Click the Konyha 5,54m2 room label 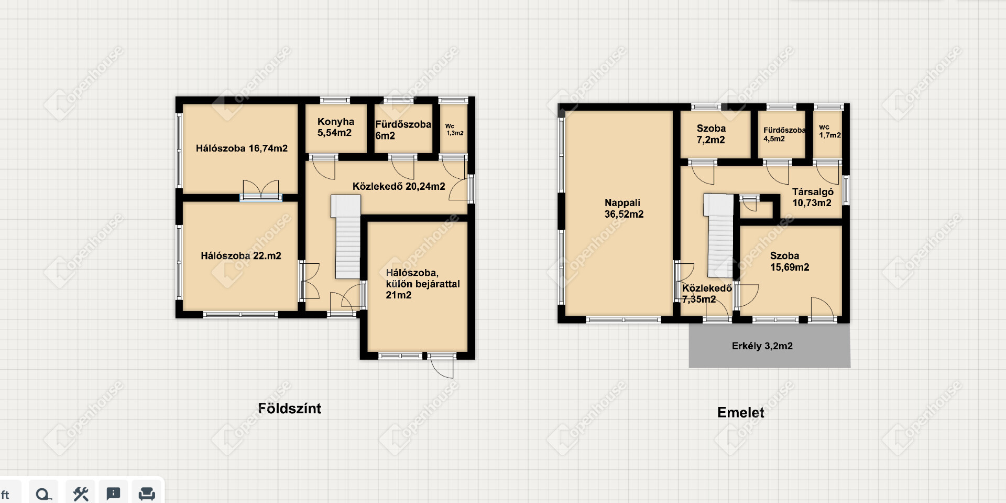pyautogui.click(x=335, y=127)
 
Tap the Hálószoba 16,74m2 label pyautogui.click(x=242, y=148)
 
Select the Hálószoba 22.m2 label pyautogui.click(x=241, y=256)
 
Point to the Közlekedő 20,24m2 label pyautogui.click(x=399, y=186)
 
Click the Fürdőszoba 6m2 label pyautogui.click(x=403, y=130)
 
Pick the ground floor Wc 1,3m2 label pyautogui.click(x=454, y=130)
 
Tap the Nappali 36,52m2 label pyautogui.click(x=624, y=208)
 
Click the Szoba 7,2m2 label pyautogui.click(x=711, y=134)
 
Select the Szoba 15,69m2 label pyautogui.click(x=790, y=261)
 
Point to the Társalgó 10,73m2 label pyautogui.click(x=812, y=197)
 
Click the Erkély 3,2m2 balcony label pyautogui.click(x=762, y=346)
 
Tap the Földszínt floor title pyautogui.click(x=290, y=409)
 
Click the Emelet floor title pyautogui.click(x=740, y=412)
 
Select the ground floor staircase pyautogui.click(x=347, y=237)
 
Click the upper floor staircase pyautogui.click(x=720, y=236)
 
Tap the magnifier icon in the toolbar pyautogui.click(x=44, y=494)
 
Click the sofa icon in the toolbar pyautogui.click(x=147, y=494)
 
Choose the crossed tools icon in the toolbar pyautogui.click(x=81, y=494)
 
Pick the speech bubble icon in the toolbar pyautogui.click(x=113, y=494)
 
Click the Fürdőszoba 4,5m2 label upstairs pyautogui.click(x=784, y=134)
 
